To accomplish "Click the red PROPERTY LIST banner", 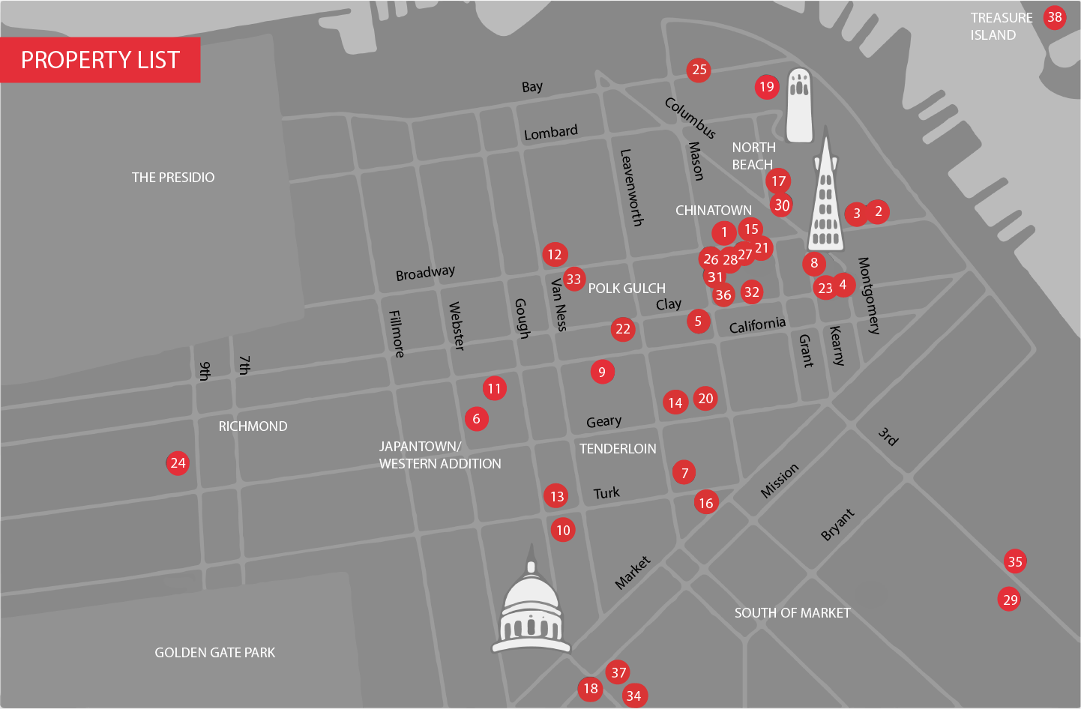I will click(100, 60).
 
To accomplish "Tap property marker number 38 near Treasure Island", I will click(1054, 17).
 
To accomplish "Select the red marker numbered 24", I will click(178, 463).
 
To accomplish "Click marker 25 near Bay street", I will click(699, 70).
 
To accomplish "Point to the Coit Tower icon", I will click(799, 106).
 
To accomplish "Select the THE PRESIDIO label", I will click(173, 178).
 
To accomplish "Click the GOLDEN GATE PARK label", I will click(214, 653).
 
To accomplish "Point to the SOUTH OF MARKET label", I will click(792, 613).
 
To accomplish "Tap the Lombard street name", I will click(550, 133).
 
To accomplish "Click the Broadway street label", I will click(425, 273).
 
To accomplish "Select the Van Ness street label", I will click(558, 305).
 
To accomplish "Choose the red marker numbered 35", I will click(1015, 561).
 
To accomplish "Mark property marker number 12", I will click(555, 255).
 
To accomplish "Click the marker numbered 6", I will click(476, 419).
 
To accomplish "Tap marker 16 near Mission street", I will click(706, 503).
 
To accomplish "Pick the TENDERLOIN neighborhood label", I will click(618, 449).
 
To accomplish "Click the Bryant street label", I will click(837, 525).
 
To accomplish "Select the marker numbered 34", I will click(633, 696).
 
